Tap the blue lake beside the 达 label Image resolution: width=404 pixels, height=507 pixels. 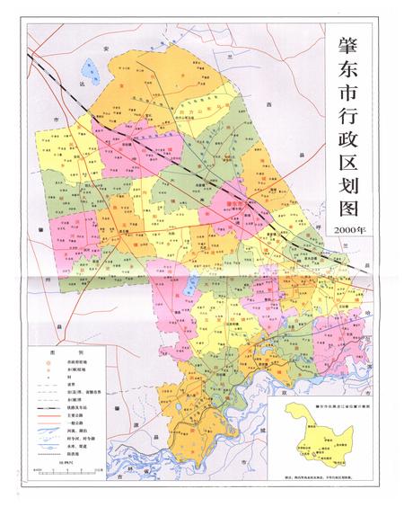(x=90, y=68)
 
